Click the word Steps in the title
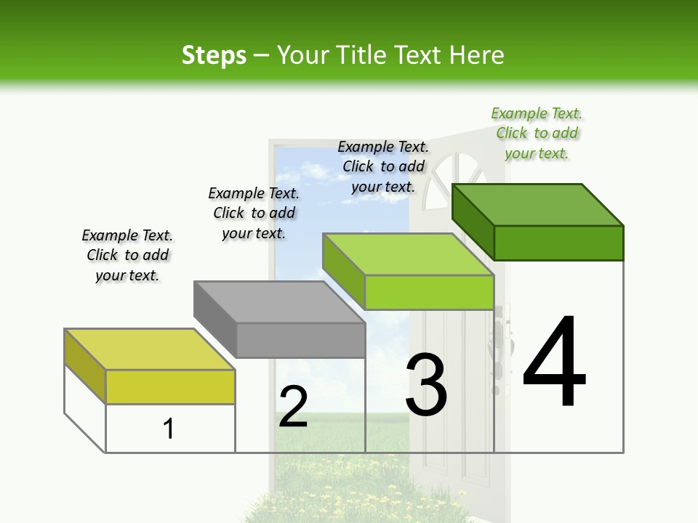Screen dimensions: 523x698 click(214, 55)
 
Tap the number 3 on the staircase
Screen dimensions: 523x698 click(426, 385)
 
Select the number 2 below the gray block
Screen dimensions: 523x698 click(293, 406)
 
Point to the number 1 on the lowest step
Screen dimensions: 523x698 click(169, 429)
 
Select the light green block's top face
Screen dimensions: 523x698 click(408, 254)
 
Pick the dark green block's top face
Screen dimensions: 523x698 click(537, 205)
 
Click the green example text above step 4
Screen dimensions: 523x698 click(537, 133)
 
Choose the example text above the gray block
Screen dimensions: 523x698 click(254, 213)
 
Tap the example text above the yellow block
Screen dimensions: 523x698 click(127, 255)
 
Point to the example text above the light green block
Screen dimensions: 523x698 click(383, 166)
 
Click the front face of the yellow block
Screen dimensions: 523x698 click(170, 386)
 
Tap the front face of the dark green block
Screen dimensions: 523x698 click(558, 243)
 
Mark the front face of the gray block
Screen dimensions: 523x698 click(300, 340)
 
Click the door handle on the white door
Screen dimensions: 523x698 click(500, 341)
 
